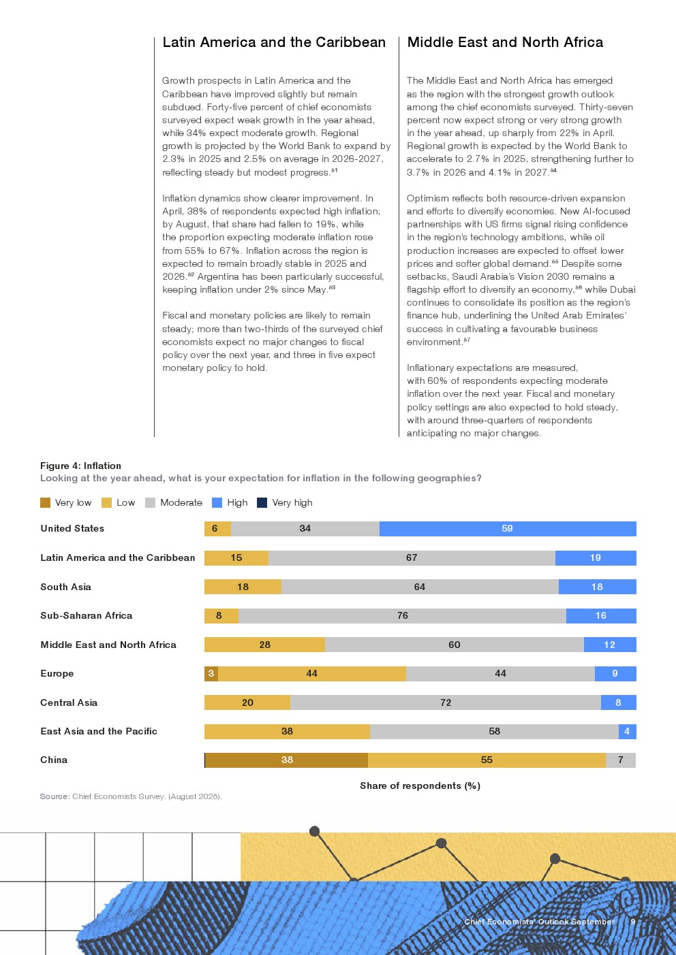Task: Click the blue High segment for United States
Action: click(x=508, y=529)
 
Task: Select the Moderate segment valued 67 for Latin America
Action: click(x=412, y=558)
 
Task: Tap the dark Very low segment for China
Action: click(x=287, y=760)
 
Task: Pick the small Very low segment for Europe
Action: click(x=211, y=674)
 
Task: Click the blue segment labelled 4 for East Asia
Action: click(x=627, y=732)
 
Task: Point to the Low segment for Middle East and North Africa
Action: click(x=264, y=645)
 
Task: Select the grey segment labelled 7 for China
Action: click(x=620, y=760)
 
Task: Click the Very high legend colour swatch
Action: click(x=262, y=503)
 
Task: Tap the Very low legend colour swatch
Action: click(x=46, y=503)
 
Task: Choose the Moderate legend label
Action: click(x=181, y=503)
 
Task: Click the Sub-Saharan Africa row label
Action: click(x=87, y=616)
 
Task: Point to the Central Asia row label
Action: click(x=69, y=703)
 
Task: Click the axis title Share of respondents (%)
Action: click(x=420, y=786)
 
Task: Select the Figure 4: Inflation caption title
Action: click(x=80, y=466)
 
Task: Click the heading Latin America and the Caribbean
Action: click(x=274, y=42)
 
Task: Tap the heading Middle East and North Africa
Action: click(x=505, y=42)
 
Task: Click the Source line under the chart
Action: click(x=131, y=796)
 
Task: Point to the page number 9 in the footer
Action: click(x=633, y=922)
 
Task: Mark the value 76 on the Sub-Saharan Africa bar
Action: click(x=403, y=616)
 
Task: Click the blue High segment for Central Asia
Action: click(x=618, y=703)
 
